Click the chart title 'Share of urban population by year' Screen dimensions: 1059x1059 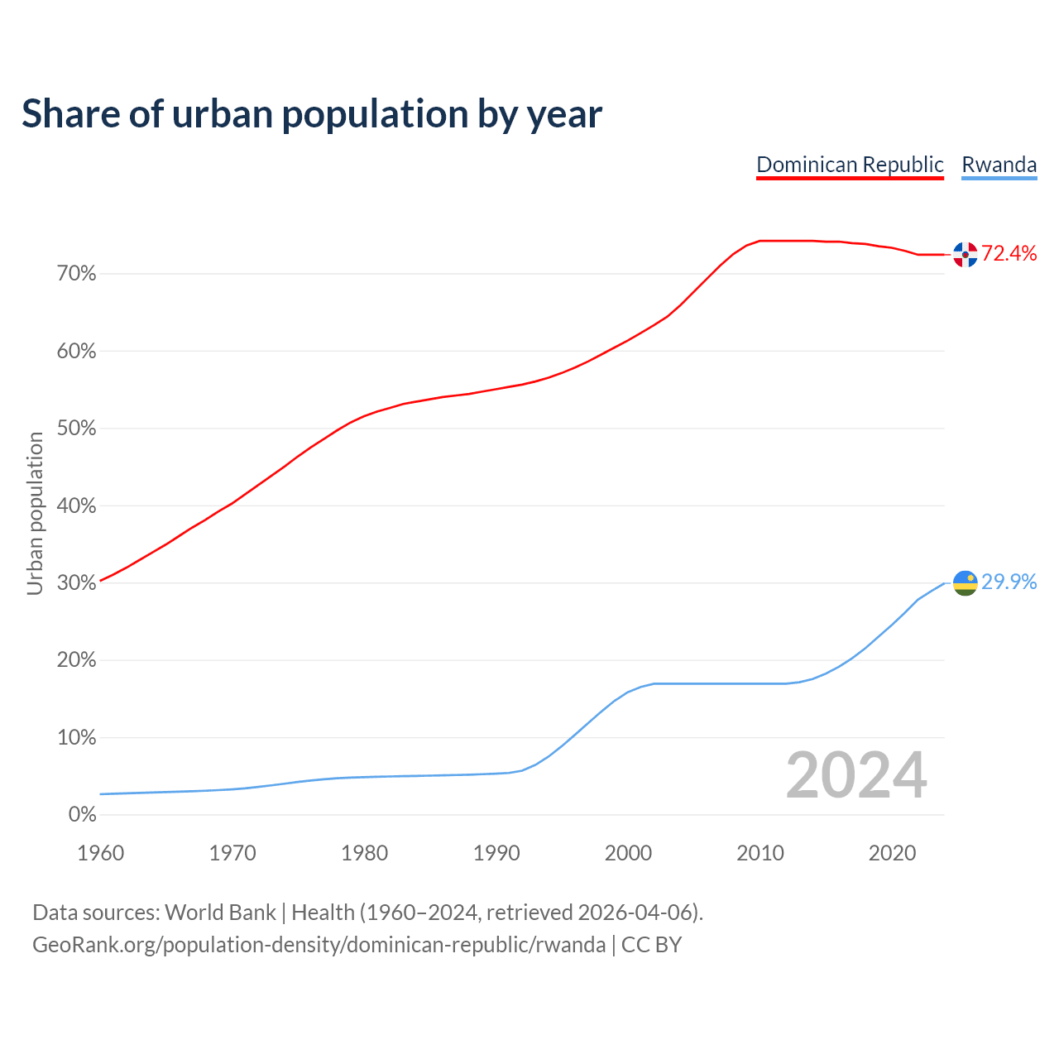tap(312, 114)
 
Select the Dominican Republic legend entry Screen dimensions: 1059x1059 tap(850, 165)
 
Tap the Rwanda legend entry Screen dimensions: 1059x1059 tap(999, 165)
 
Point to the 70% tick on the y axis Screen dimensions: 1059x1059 tap(77, 274)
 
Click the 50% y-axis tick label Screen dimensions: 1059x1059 tap(77, 429)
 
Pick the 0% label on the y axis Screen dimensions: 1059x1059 tap(83, 815)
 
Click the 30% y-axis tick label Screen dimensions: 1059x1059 tap(77, 583)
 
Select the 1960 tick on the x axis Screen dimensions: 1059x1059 tap(100, 853)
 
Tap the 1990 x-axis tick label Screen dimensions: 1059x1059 tap(496, 853)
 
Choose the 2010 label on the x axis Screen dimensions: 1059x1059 tap(760, 853)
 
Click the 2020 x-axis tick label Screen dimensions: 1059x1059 tap(892, 853)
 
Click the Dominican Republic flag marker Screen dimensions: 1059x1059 tap(965, 255)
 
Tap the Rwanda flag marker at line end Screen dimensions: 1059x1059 tap(965, 583)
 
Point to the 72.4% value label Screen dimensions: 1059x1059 tap(1009, 254)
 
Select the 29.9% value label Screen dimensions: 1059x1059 tap(1009, 582)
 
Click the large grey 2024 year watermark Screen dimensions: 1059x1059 tap(856, 776)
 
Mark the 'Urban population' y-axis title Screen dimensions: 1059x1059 tap(35, 513)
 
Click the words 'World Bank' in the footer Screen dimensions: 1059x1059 tap(220, 913)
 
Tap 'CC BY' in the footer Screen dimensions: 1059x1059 tap(651, 945)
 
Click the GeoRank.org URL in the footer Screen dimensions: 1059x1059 tap(319, 945)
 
